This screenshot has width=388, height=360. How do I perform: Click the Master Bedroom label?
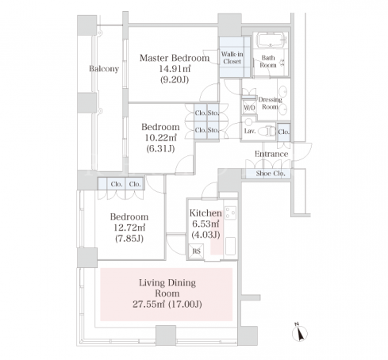coord(175,58)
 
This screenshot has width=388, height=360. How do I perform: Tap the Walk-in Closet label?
coord(232,58)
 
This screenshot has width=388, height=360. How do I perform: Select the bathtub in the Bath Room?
coord(271,40)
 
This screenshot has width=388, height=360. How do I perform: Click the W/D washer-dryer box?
coord(249,107)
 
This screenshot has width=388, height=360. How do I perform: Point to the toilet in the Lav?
coord(267,131)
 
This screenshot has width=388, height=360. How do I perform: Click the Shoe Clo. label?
coord(271,174)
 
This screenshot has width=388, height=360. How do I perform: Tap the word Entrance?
coord(271,154)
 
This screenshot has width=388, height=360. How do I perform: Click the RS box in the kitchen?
coord(196,251)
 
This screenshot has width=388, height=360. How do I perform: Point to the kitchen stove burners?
coord(230,213)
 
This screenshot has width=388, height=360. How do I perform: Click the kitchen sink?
coord(230,246)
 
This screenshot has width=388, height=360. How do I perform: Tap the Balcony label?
coord(104,69)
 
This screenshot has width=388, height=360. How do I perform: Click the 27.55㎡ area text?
coord(149,304)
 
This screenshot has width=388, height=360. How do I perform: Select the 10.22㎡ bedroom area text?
coord(160,138)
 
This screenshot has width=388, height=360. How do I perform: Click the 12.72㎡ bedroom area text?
coord(129,228)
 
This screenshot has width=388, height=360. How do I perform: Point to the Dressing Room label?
coord(270,103)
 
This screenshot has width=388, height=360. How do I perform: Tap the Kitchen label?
coord(206,213)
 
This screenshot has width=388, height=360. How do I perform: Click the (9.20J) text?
coord(175,79)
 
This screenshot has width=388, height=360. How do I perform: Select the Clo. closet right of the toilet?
coord(284,132)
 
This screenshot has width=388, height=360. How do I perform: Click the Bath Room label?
coord(268,61)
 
